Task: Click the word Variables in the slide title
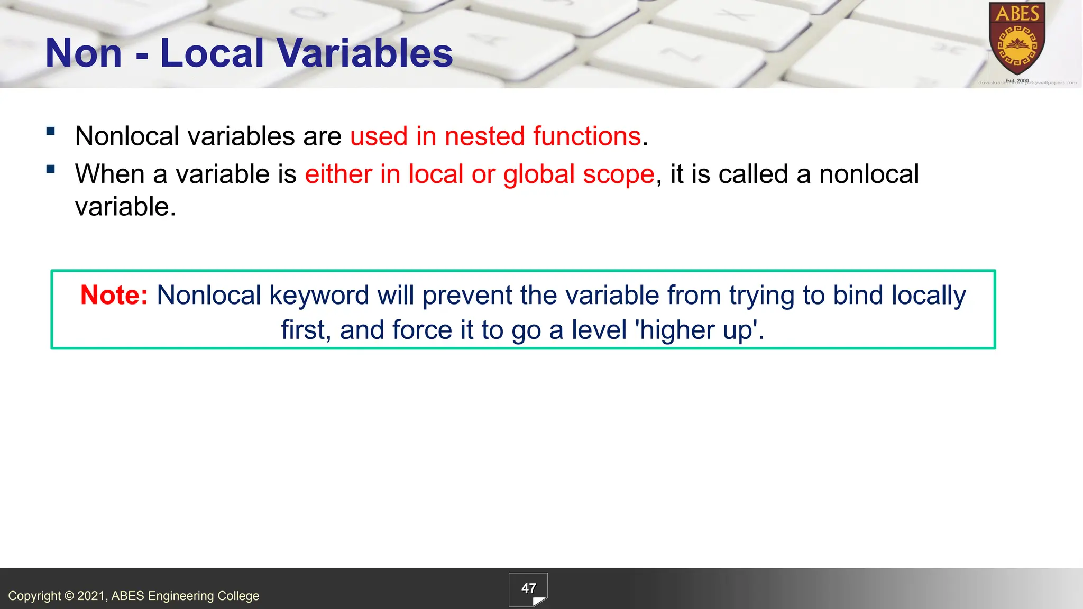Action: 364,53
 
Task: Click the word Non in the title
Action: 84,53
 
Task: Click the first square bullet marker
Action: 51,132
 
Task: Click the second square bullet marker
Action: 51,169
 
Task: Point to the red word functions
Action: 587,136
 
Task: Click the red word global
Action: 538,174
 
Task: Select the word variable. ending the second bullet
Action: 125,207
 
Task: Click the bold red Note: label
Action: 114,295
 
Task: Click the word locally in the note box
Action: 929,295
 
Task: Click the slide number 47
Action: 528,588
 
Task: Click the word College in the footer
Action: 238,596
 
